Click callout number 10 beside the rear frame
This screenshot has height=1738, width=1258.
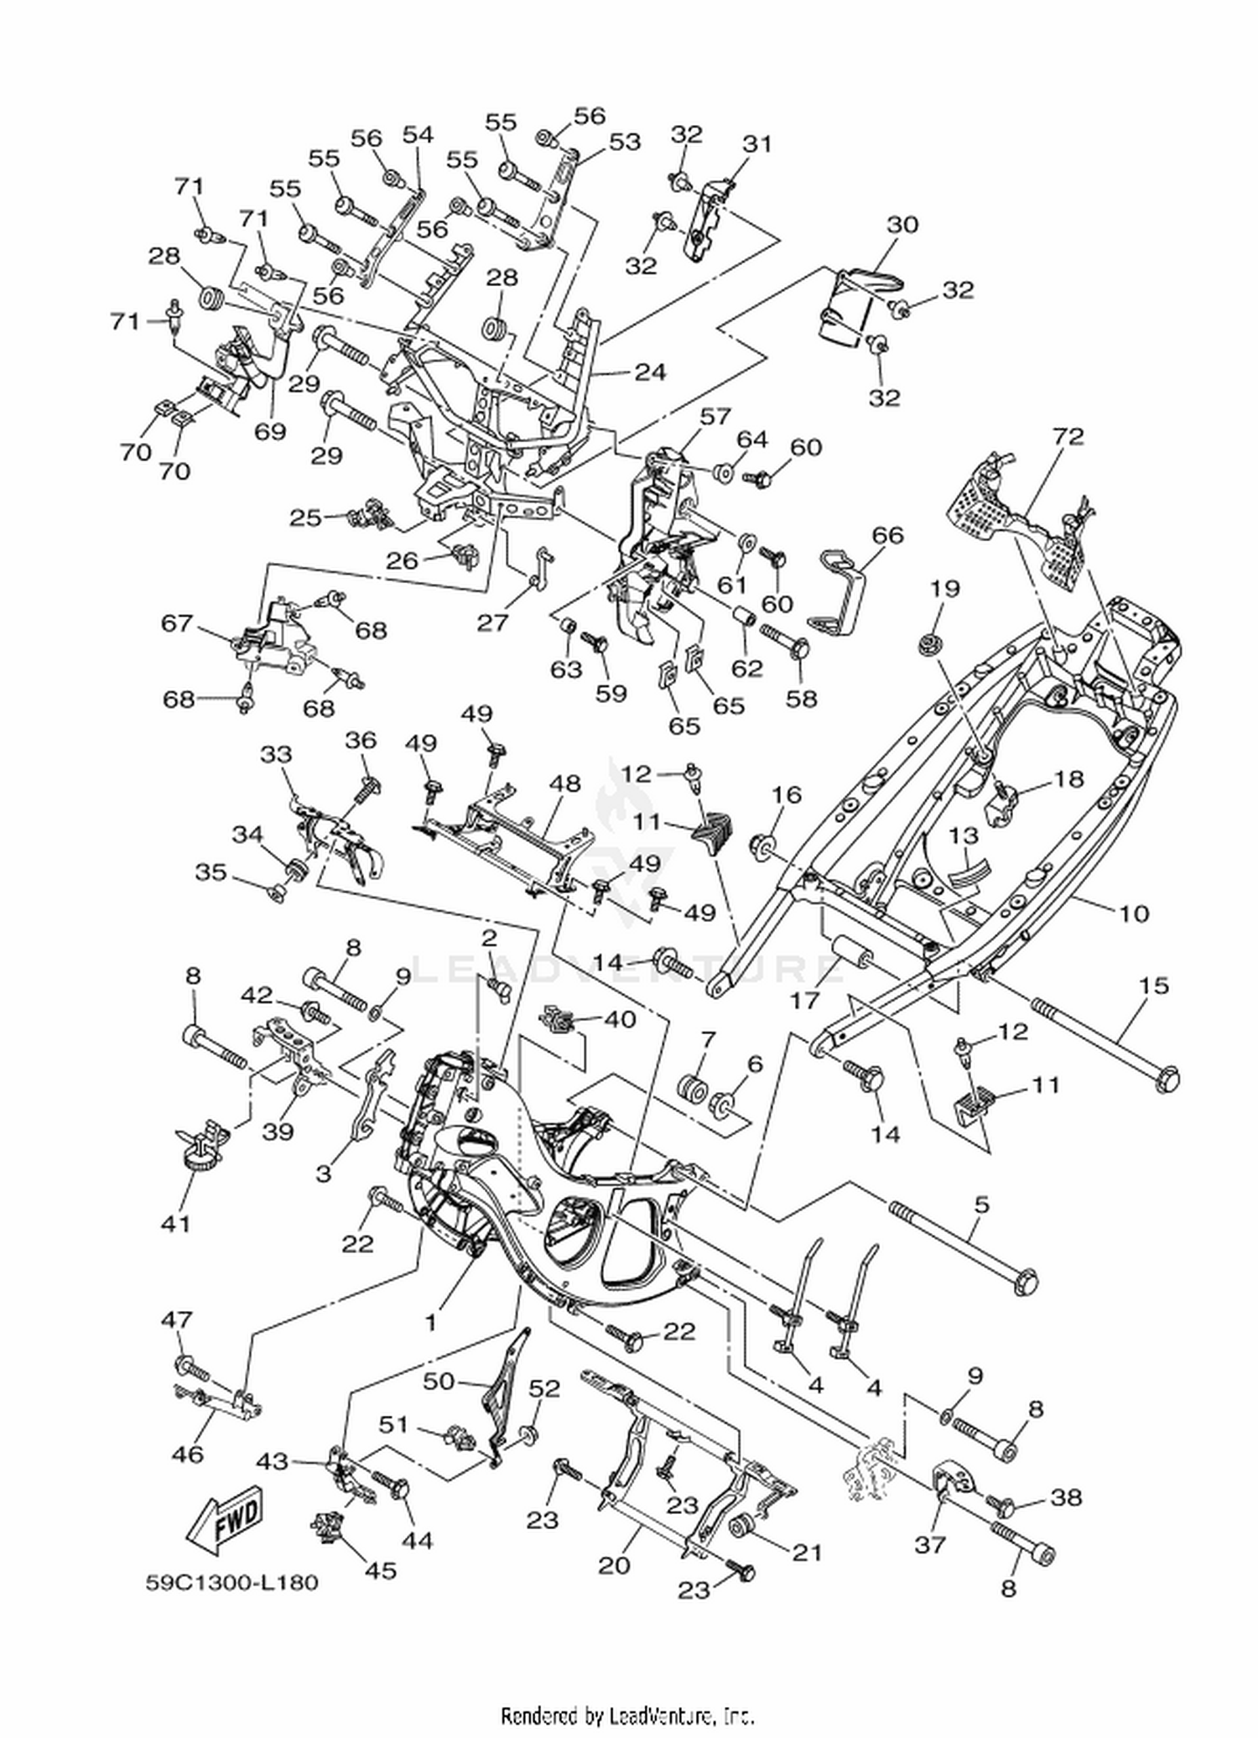1134,912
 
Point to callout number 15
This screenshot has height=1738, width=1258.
1153,985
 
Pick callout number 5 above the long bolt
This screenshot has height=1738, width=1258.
981,1205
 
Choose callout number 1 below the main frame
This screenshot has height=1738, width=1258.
430,1324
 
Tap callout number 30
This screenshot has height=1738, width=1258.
902,225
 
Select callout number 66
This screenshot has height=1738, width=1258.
887,534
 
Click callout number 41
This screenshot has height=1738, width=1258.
175,1224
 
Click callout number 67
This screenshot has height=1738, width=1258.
178,624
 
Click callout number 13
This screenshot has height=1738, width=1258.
964,836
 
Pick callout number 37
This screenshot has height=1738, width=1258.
930,1543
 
